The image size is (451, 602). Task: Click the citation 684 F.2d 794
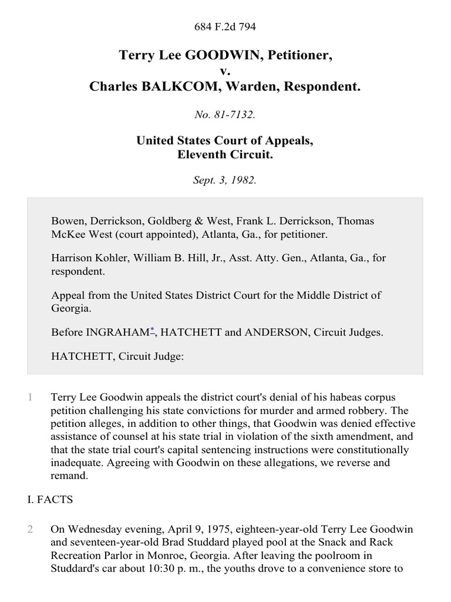pos(225,26)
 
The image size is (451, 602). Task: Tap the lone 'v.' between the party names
pos(225,71)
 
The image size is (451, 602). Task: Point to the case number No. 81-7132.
pos(225,115)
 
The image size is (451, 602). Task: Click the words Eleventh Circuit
pos(225,155)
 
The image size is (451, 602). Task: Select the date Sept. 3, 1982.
pos(225,180)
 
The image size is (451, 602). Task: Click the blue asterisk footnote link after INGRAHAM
pos(152,330)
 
